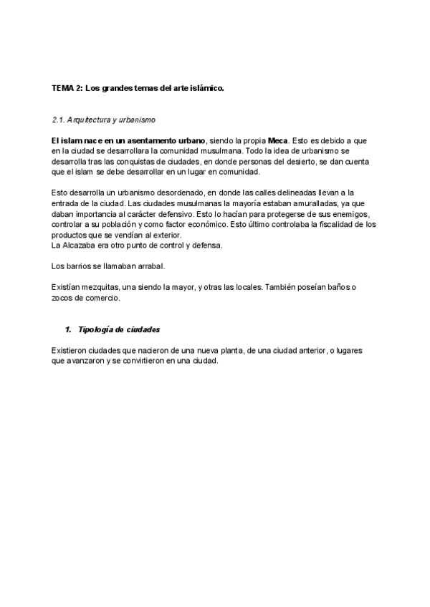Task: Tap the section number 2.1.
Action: click(59, 119)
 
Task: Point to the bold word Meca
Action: click(277, 140)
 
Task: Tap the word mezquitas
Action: click(98, 287)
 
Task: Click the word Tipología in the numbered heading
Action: click(96, 330)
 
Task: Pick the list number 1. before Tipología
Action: click(68, 330)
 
